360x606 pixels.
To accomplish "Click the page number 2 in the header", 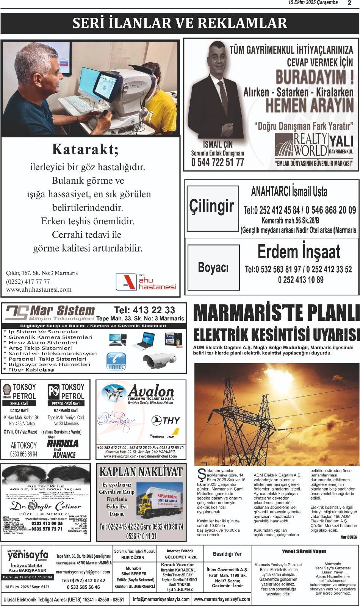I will coord(349,3).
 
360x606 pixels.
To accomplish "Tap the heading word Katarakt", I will coord(85,150).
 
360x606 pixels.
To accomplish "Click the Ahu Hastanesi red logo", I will coord(126,282).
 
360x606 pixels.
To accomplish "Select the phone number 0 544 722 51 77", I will coord(218,162).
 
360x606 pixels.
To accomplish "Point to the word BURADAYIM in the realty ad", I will coord(314,77).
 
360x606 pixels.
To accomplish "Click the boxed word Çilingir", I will coord(212,206).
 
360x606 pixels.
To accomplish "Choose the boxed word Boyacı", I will coord(213,268).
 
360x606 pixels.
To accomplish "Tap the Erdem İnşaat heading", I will coord(299,252).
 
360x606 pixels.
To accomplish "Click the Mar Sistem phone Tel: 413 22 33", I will coord(144,310).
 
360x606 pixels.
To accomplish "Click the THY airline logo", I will coord(166,420).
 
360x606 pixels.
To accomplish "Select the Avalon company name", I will coord(151,391).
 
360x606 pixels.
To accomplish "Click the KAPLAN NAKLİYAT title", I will coord(141,472).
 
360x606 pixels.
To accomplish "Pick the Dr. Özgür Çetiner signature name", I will coord(45,506).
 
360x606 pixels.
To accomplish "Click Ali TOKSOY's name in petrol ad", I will coord(23,445).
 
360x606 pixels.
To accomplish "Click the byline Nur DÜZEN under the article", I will coord(349,537).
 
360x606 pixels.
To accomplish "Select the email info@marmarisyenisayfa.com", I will coord(161,599).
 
